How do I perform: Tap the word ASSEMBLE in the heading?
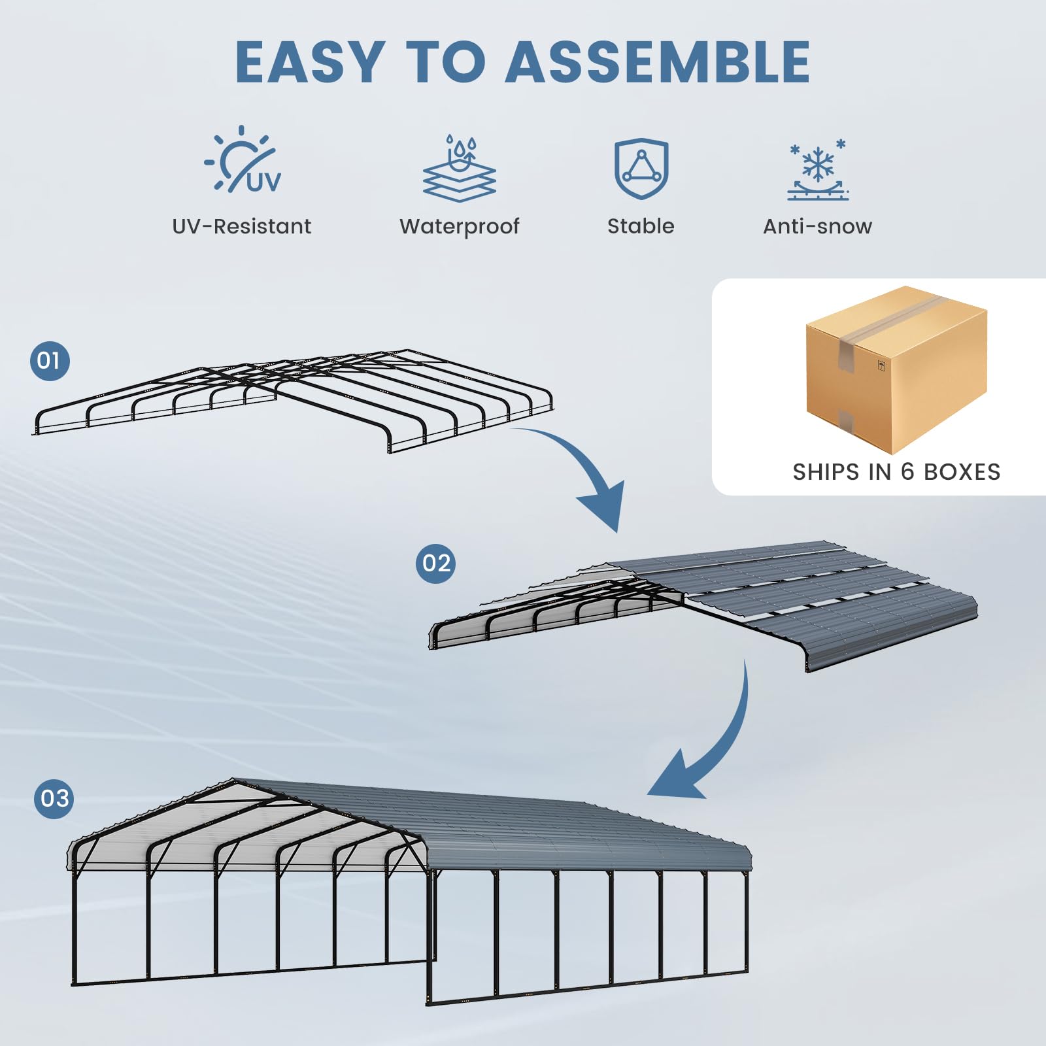(658, 62)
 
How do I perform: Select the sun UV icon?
(242, 160)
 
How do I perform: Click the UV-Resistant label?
(241, 226)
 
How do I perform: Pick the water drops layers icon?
(460, 168)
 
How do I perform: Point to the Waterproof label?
(459, 226)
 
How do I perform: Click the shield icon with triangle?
(641, 168)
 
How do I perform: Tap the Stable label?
(641, 226)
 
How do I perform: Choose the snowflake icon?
(818, 169)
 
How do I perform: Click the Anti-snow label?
(817, 226)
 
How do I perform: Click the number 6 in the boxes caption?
(907, 471)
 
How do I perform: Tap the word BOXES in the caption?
(962, 471)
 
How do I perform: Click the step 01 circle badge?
(50, 360)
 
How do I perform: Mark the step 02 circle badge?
(435, 563)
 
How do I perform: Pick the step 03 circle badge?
(54, 798)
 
